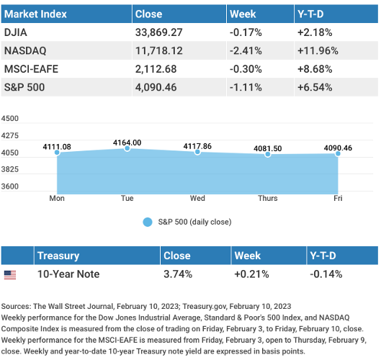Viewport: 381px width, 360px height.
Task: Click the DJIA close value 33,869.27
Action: (x=158, y=32)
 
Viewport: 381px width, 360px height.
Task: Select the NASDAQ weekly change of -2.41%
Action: (x=246, y=51)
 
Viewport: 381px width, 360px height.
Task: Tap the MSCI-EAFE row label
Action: (x=31, y=69)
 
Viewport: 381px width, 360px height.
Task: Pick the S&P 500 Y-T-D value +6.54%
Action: (x=315, y=87)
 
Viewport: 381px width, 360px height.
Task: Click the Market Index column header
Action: (x=35, y=14)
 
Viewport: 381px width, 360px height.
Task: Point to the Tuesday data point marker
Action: (x=127, y=148)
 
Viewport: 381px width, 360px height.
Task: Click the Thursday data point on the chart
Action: (x=268, y=154)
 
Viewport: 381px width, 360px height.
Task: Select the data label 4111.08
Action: (x=57, y=147)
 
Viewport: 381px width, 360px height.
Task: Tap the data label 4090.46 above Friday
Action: (x=338, y=148)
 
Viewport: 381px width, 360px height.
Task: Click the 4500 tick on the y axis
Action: (x=9, y=119)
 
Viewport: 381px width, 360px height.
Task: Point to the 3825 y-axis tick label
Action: (x=9, y=169)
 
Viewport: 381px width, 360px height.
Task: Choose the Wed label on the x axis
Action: (x=197, y=198)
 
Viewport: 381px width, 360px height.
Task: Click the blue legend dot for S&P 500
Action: (x=148, y=222)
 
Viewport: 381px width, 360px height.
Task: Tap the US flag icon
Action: (x=10, y=275)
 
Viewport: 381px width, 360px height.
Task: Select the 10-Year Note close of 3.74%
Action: (x=178, y=274)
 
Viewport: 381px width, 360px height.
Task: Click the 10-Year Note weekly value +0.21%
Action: (x=251, y=274)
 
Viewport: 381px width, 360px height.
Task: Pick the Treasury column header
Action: (x=58, y=256)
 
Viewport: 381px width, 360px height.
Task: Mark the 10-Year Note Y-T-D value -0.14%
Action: (x=326, y=274)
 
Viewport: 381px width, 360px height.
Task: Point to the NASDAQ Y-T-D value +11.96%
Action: (x=318, y=51)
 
